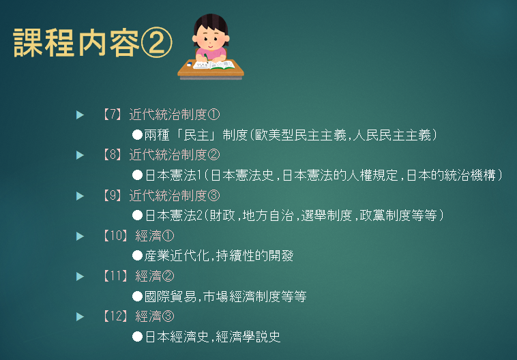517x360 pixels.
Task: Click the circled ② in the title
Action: [x=156, y=42]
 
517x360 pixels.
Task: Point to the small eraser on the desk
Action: [x=189, y=65]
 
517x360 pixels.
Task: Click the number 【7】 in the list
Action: [x=112, y=115]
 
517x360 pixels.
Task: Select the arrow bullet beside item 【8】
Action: [x=80, y=155]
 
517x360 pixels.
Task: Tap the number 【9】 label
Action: [x=112, y=196]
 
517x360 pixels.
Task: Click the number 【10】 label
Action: [x=115, y=236]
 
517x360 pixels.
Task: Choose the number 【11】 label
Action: [x=115, y=276]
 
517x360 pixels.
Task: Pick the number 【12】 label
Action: [x=115, y=316]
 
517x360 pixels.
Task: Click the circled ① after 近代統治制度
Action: [x=213, y=115]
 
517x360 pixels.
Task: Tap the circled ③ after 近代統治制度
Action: [x=213, y=196]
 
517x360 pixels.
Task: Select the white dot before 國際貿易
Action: [x=137, y=297]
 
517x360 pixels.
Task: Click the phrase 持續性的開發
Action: [x=255, y=256]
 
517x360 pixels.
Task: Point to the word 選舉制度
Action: [x=327, y=215]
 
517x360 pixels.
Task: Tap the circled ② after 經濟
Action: [x=168, y=277]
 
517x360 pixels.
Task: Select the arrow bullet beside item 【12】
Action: [x=80, y=317]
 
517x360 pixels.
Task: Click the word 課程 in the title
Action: [x=43, y=43]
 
